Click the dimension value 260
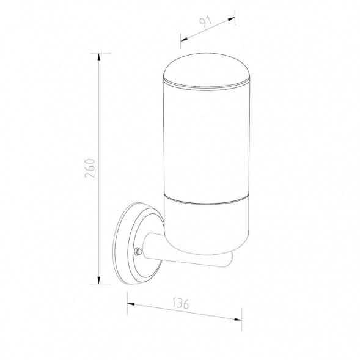coord(89,168)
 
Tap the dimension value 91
coord(205,22)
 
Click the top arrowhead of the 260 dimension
coord(99,57)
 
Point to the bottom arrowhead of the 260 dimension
coord(99,280)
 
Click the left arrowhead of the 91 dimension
coord(184,40)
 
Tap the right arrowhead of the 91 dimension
coord(231,19)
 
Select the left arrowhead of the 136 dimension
coord(131,304)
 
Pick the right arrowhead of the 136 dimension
coord(238,319)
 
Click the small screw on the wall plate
coord(138,251)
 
